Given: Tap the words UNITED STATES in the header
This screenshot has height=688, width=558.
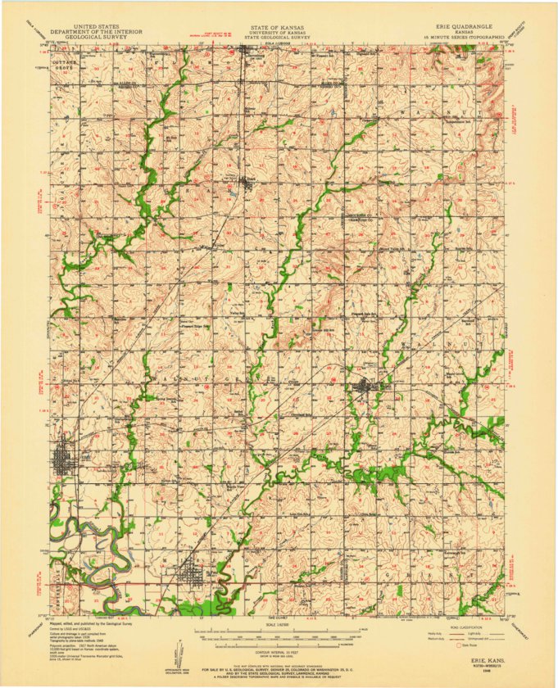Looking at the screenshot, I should [x=95, y=26].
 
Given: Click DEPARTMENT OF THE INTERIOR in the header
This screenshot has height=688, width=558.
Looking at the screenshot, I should [x=95, y=32].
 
